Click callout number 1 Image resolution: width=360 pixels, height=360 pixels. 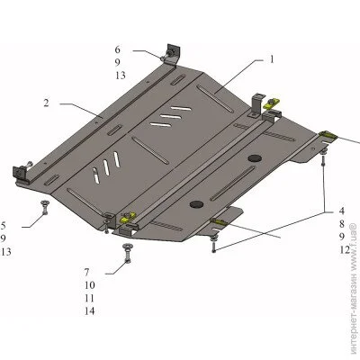tap(272, 59)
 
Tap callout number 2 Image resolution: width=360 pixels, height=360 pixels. tap(46, 103)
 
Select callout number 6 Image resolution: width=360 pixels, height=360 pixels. tap(117, 49)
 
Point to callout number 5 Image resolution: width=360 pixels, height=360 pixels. tap(3, 225)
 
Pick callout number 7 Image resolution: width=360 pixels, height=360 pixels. tap(86, 272)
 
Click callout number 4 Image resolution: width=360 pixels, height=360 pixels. tap(342, 211)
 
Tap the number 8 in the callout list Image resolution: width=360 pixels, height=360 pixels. tap(342, 224)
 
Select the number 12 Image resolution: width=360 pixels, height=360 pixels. tap(345, 249)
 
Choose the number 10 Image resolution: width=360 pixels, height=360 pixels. tap(90, 285)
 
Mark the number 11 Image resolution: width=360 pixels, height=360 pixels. tap(90, 298)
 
